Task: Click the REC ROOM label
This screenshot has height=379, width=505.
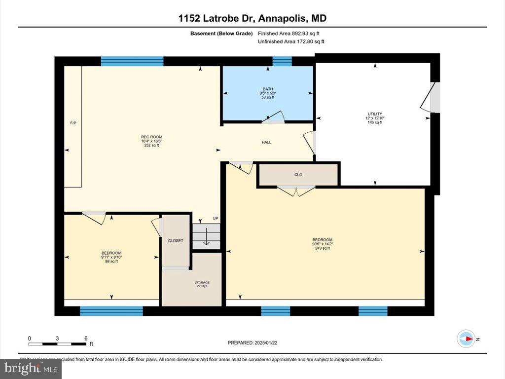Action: (151, 137)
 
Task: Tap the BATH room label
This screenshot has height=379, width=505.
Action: (267, 89)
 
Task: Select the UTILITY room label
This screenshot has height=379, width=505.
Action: (375, 114)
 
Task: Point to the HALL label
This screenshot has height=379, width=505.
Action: (266, 143)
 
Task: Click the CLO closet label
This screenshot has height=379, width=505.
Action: (298, 174)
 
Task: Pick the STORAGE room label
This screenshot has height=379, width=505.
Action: (201, 283)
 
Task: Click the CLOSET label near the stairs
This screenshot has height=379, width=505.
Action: (176, 241)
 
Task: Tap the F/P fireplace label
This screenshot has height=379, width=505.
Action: (73, 122)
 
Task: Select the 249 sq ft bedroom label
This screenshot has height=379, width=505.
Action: (323, 240)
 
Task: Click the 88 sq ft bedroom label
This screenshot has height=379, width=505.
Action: (111, 253)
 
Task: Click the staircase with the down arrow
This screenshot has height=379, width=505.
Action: (206, 237)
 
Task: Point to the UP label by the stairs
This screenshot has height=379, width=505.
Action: (215, 219)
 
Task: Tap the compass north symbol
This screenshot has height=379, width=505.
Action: (466, 339)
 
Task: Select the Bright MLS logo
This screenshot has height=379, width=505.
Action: (31, 368)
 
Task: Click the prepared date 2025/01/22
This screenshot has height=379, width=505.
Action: (255, 342)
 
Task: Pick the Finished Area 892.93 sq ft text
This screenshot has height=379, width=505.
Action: (292, 34)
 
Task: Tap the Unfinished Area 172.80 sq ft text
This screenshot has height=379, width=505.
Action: (291, 42)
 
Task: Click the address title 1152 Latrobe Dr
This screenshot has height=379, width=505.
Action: (252, 19)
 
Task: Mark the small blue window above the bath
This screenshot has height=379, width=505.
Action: (282, 61)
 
